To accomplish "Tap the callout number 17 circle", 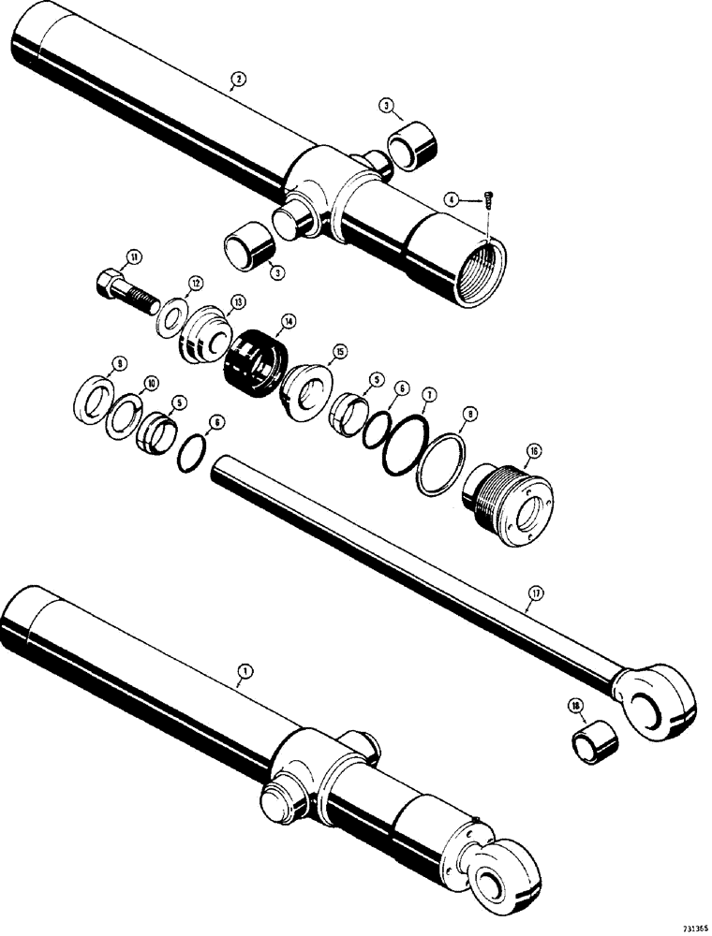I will [535, 593].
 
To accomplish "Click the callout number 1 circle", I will [245, 670].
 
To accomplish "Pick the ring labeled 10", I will [124, 416].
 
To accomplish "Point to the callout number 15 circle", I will [339, 352].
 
